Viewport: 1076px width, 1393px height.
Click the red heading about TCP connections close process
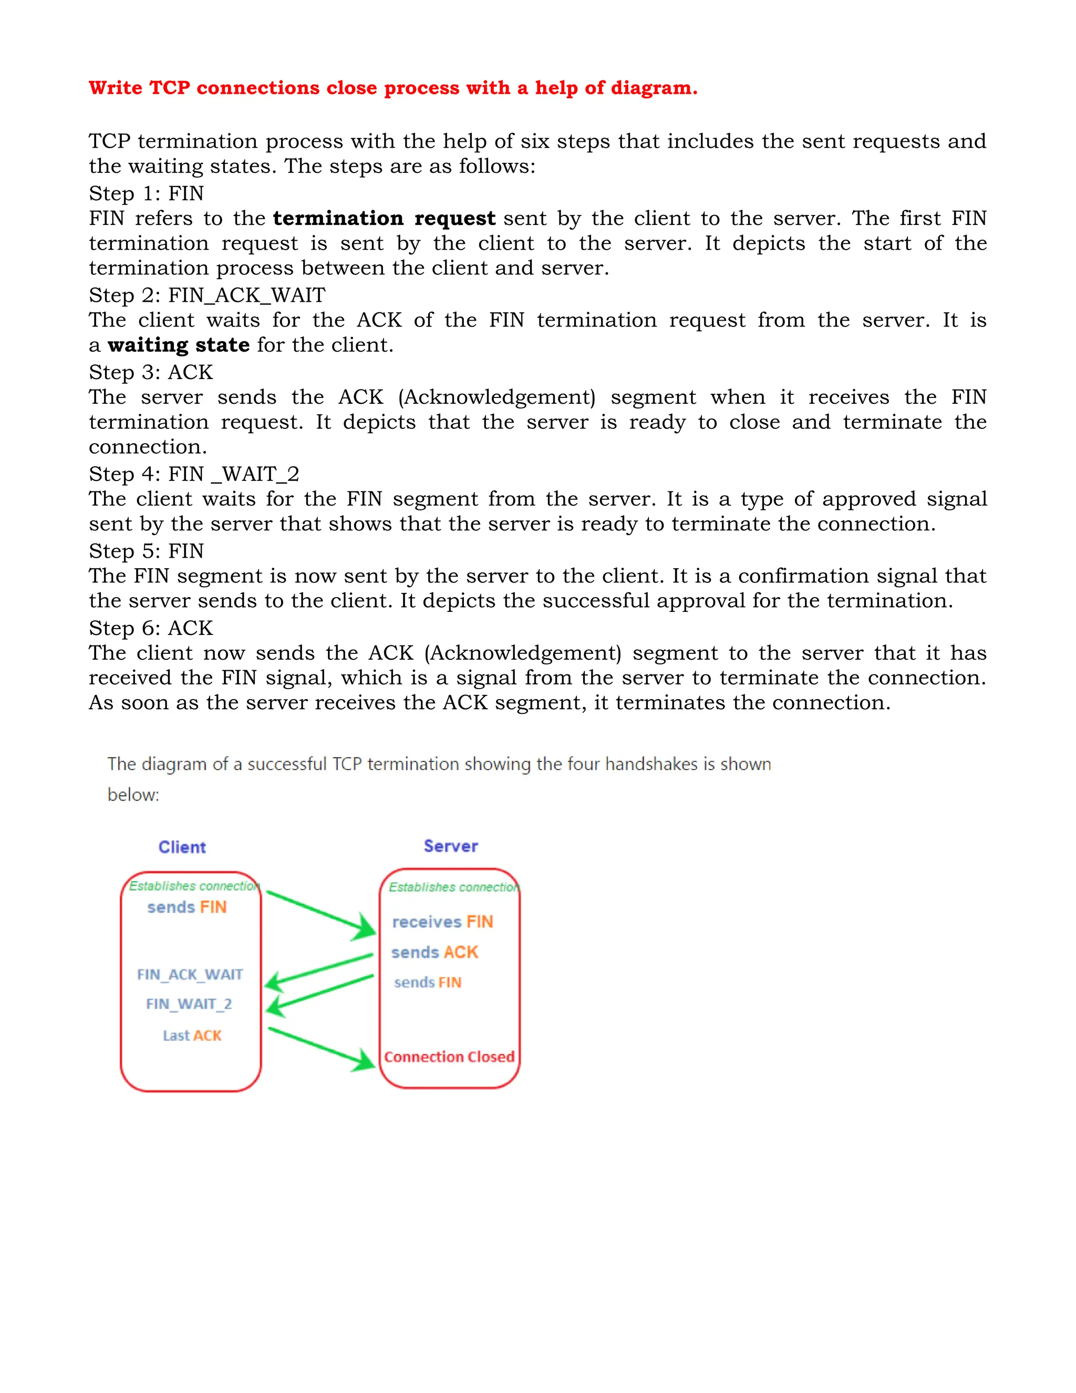392,87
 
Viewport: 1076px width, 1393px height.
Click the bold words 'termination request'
384,218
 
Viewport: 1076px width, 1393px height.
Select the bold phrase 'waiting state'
179,345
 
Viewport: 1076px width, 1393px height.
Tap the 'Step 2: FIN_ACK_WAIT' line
207,295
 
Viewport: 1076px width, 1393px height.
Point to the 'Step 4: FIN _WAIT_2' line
194,474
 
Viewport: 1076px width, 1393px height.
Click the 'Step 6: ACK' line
150,628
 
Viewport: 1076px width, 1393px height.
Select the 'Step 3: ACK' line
150,373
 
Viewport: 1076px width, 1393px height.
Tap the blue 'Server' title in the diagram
451,846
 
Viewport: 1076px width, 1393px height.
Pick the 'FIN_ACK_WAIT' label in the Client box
190,975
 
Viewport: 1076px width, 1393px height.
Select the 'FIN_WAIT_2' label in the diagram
189,1004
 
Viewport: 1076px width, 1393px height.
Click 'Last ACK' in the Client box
192,1036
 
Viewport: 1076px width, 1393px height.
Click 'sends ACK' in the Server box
434,952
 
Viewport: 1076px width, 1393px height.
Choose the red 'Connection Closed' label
449,1057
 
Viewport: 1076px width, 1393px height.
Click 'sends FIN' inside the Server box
427,982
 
